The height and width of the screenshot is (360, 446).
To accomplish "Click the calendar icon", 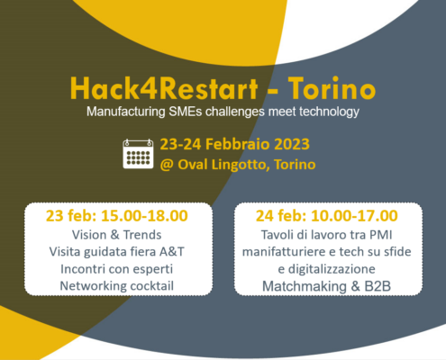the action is pos(138,154).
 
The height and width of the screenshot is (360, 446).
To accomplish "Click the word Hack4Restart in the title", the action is pos(164,88).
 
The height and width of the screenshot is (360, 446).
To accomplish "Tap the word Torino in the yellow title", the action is pos(332,88).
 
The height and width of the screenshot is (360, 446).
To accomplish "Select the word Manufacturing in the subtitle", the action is pos(126,112).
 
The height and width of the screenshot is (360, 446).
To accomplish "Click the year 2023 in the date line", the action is pos(292,144).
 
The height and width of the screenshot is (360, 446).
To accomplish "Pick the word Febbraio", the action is pos(238,144).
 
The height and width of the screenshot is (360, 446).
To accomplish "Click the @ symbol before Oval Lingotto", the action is pos(167,165).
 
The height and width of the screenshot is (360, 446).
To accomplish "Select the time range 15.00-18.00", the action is pos(144,216).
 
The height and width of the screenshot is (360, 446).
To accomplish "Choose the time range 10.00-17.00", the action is pos(354,216).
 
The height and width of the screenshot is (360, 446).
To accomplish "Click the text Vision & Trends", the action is pos(116,235).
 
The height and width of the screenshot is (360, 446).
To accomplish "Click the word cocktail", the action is pos(151,286).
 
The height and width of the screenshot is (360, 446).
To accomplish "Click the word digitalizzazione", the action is pos(332,269).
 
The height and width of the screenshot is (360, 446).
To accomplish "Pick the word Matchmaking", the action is pos(305,286).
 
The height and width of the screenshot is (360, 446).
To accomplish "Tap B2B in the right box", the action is pos(378,286).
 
